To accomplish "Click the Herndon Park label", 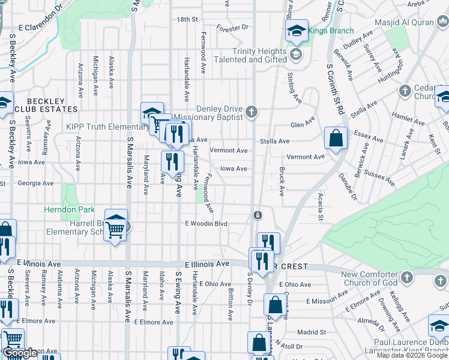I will (69, 210).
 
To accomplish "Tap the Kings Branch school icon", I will (297, 32).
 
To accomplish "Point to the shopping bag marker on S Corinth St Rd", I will (336, 139).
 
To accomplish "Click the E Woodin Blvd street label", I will (206, 223).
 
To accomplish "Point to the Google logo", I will (20, 353).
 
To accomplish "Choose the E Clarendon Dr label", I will (41, 28).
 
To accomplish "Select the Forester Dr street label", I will (233, 28).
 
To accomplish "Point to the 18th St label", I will (187, 19).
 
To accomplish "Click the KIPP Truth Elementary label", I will (101, 127).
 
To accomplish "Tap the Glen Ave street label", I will (303, 125).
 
